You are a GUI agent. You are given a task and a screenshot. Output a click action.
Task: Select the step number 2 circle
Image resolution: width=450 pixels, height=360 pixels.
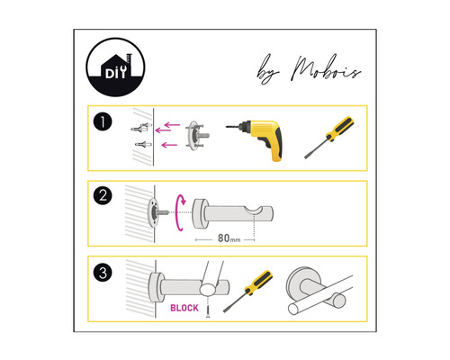[x=106, y=195]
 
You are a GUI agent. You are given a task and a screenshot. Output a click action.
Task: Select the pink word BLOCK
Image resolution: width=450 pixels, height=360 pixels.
[x=184, y=307]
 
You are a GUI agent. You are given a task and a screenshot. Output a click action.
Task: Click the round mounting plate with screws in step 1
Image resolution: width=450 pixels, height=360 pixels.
[x=193, y=138]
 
